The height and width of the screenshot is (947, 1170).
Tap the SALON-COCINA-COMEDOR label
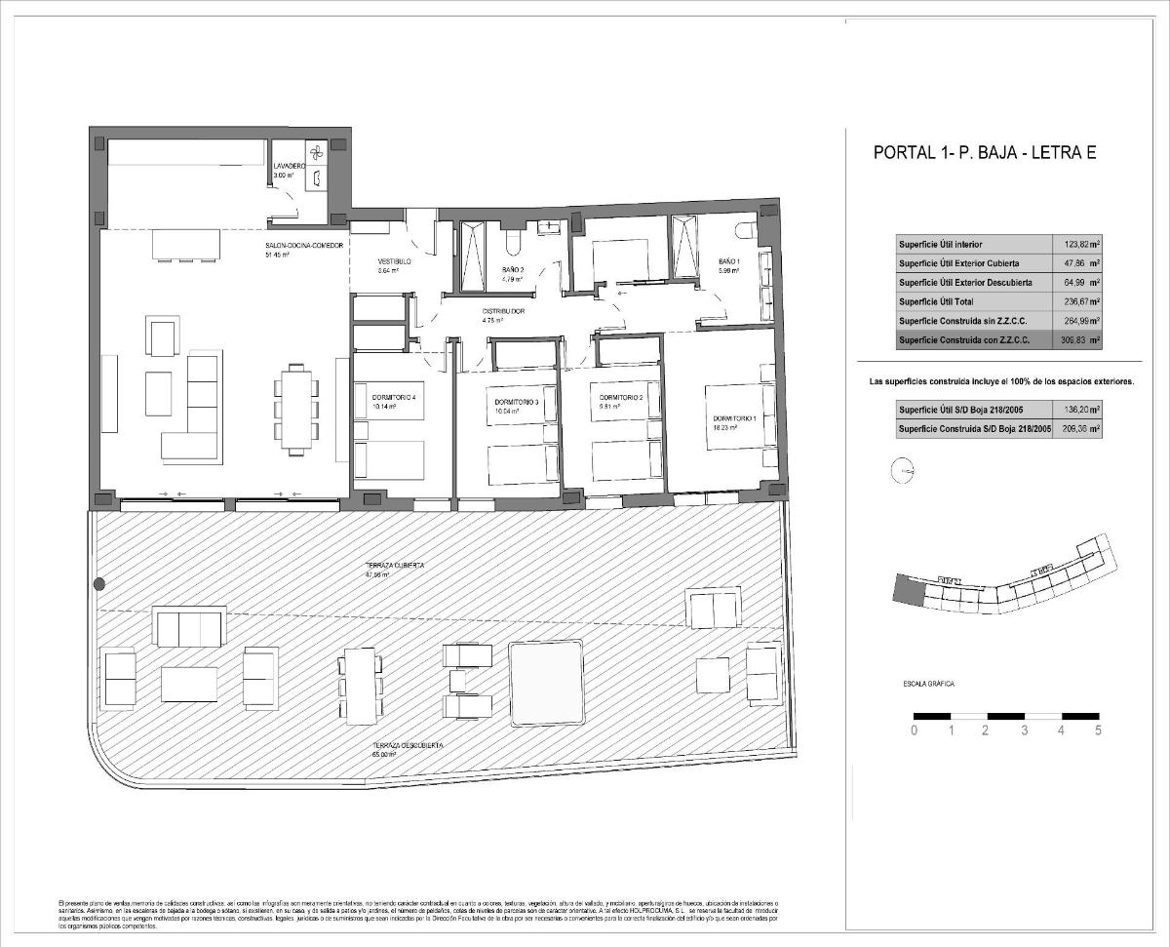point(303,246)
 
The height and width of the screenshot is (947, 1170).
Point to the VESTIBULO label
point(395,262)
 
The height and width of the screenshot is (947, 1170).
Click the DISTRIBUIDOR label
point(504,311)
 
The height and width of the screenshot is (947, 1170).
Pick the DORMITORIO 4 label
point(394,397)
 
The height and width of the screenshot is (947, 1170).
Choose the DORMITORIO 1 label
point(733,418)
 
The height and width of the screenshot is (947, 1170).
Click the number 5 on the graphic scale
point(1099,730)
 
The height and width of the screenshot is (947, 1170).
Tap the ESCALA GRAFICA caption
point(928,685)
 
